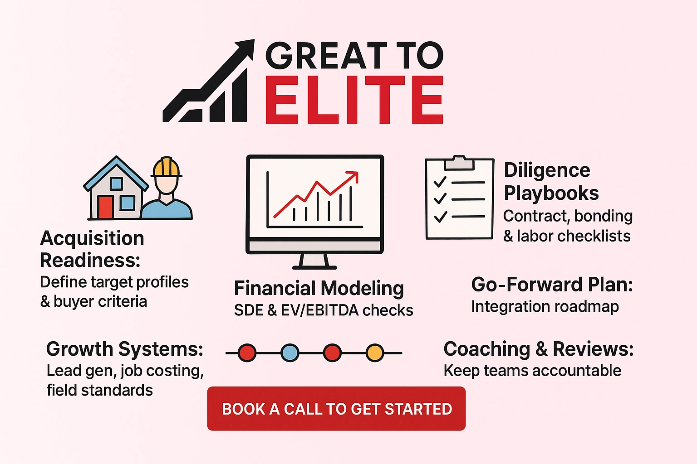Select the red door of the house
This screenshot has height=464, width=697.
pyautogui.click(x=105, y=208)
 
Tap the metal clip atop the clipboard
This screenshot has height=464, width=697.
pyautogui.click(x=459, y=162)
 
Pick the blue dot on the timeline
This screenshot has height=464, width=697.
pyautogui.click(x=290, y=353)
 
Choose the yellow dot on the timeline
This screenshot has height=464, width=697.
pyautogui.click(x=375, y=353)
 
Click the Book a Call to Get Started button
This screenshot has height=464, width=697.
pyautogui.click(x=336, y=409)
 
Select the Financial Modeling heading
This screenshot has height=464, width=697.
pyautogui.click(x=319, y=289)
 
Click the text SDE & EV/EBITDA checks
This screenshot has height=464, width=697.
pyautogui.click(x=323, y=310)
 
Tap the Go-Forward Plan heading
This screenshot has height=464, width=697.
pyautogui.click(x=552, y=285)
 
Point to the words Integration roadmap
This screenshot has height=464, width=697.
pyautogui.click(x=545, y=307)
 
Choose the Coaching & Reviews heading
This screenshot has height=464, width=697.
pyautogui.click(x=538, y=349)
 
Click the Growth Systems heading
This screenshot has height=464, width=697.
pyautogui.click(x=125, y=349)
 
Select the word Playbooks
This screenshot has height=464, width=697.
pyautogui.click(x=551, y=193)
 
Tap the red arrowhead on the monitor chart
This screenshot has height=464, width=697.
pyautogui.click(x=353, y=176)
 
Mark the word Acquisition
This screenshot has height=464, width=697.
pyautogui.click(x=92, y=238)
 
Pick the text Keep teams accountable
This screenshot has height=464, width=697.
pyautogui.click(x=532, y=371)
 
